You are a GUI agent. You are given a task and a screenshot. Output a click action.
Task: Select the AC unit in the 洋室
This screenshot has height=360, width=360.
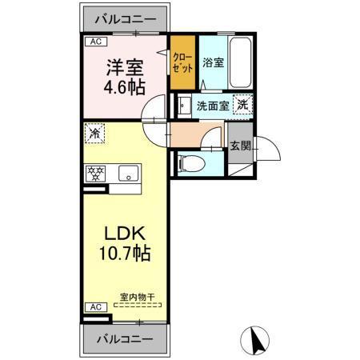click(95, 42)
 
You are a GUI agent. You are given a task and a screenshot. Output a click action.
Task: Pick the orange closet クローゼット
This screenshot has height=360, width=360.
click(182, 62)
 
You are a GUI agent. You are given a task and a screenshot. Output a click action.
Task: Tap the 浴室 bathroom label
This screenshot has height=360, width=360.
click(214, 62)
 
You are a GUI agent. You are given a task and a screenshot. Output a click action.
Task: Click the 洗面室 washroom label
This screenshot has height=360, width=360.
click(212, 105)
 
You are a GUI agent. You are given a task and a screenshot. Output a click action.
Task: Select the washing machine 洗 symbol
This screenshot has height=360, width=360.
click(241, 104)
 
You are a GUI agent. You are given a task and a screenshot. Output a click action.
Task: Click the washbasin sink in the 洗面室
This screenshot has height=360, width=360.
click(184, 104)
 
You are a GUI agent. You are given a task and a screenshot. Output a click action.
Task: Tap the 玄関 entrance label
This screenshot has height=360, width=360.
click(240, 145)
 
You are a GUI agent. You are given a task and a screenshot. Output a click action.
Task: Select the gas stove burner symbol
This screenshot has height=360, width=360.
click(96, 171)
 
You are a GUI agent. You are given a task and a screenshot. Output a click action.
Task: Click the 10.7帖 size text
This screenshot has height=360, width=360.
click(124, 255)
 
